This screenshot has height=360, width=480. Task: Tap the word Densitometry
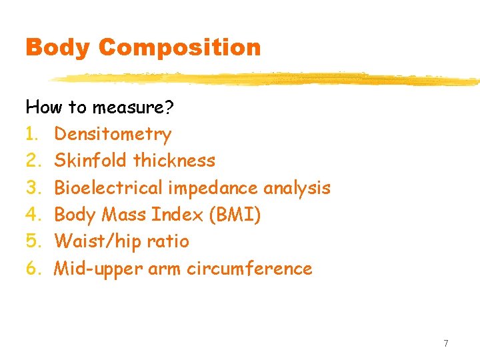click(113, 134)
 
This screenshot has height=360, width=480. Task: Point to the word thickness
click(175, 161)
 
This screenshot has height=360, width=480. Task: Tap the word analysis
click(297, 188)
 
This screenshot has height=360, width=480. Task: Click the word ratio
click(167, 241)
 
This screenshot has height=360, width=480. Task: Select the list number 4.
click(31, 215)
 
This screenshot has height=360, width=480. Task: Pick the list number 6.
click(31, 269)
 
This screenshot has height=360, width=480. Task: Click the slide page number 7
click(446, 343)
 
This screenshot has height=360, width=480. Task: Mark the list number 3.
click(31, 188)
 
